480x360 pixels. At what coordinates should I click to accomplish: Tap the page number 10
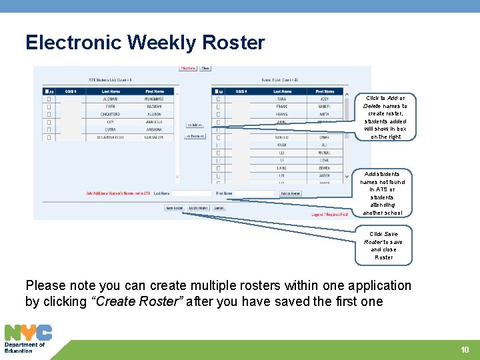[465, 350]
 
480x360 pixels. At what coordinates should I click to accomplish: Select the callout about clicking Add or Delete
[385, 117]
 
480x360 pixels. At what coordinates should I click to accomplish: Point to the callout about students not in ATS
[383, 193]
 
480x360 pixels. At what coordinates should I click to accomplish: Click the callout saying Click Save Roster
[383, 245]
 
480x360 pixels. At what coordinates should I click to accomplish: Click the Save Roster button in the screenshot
[174, 208]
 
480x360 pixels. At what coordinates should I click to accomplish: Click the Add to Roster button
[290, 193]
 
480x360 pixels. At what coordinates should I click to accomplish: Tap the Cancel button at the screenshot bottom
[219, 208]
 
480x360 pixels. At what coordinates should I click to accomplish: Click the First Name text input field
[254, 193]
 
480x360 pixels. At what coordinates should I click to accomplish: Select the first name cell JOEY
[324, 99]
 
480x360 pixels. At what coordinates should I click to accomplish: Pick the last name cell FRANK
[283, 106]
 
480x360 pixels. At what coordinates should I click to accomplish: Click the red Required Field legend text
[329, 215]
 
